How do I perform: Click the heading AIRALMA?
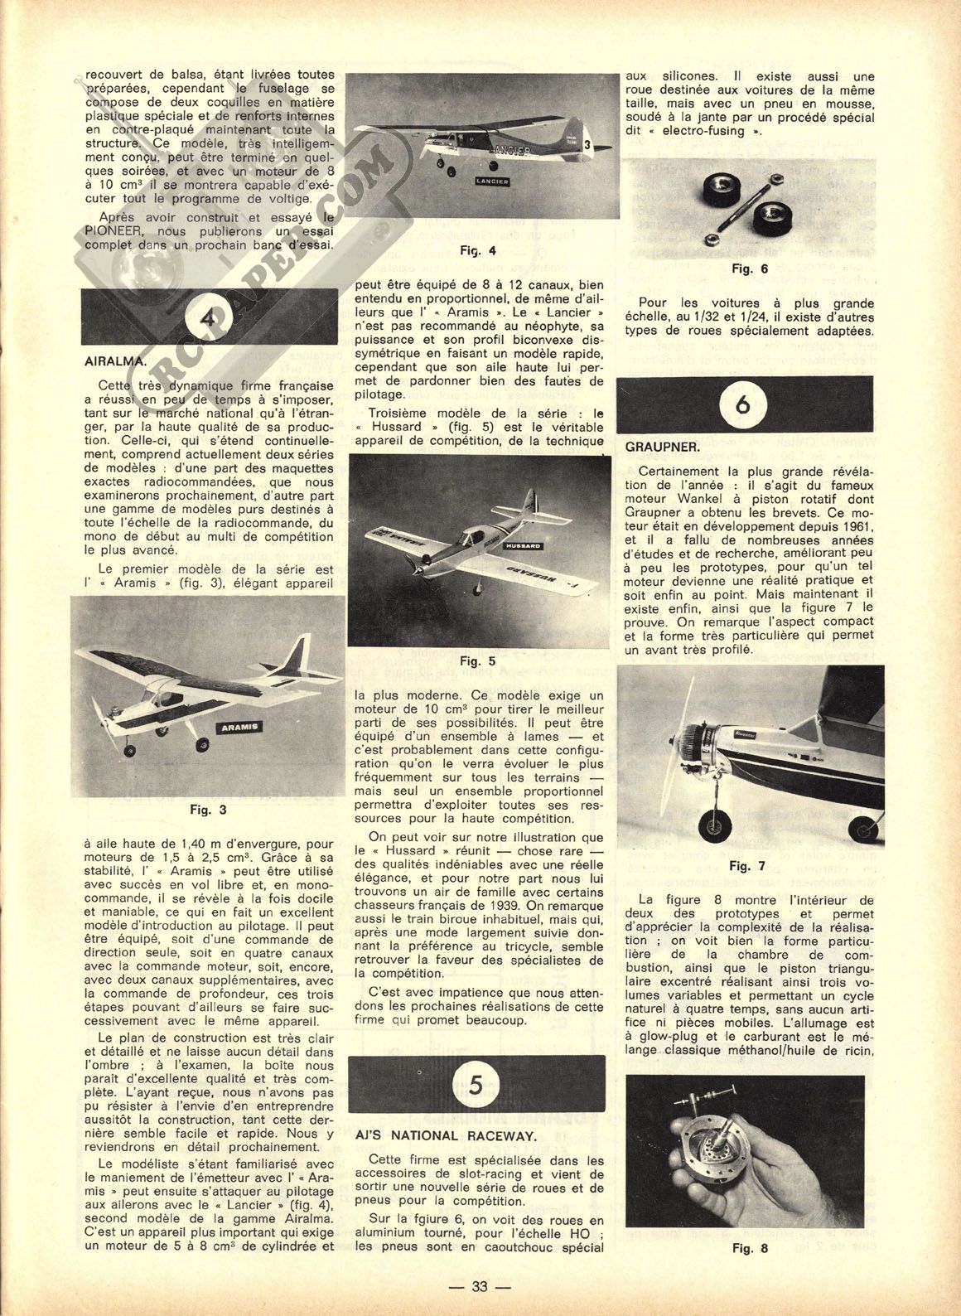pyautogui.click(x=115, y=361)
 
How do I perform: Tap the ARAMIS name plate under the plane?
pyautogui.click(x=238, y=727)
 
